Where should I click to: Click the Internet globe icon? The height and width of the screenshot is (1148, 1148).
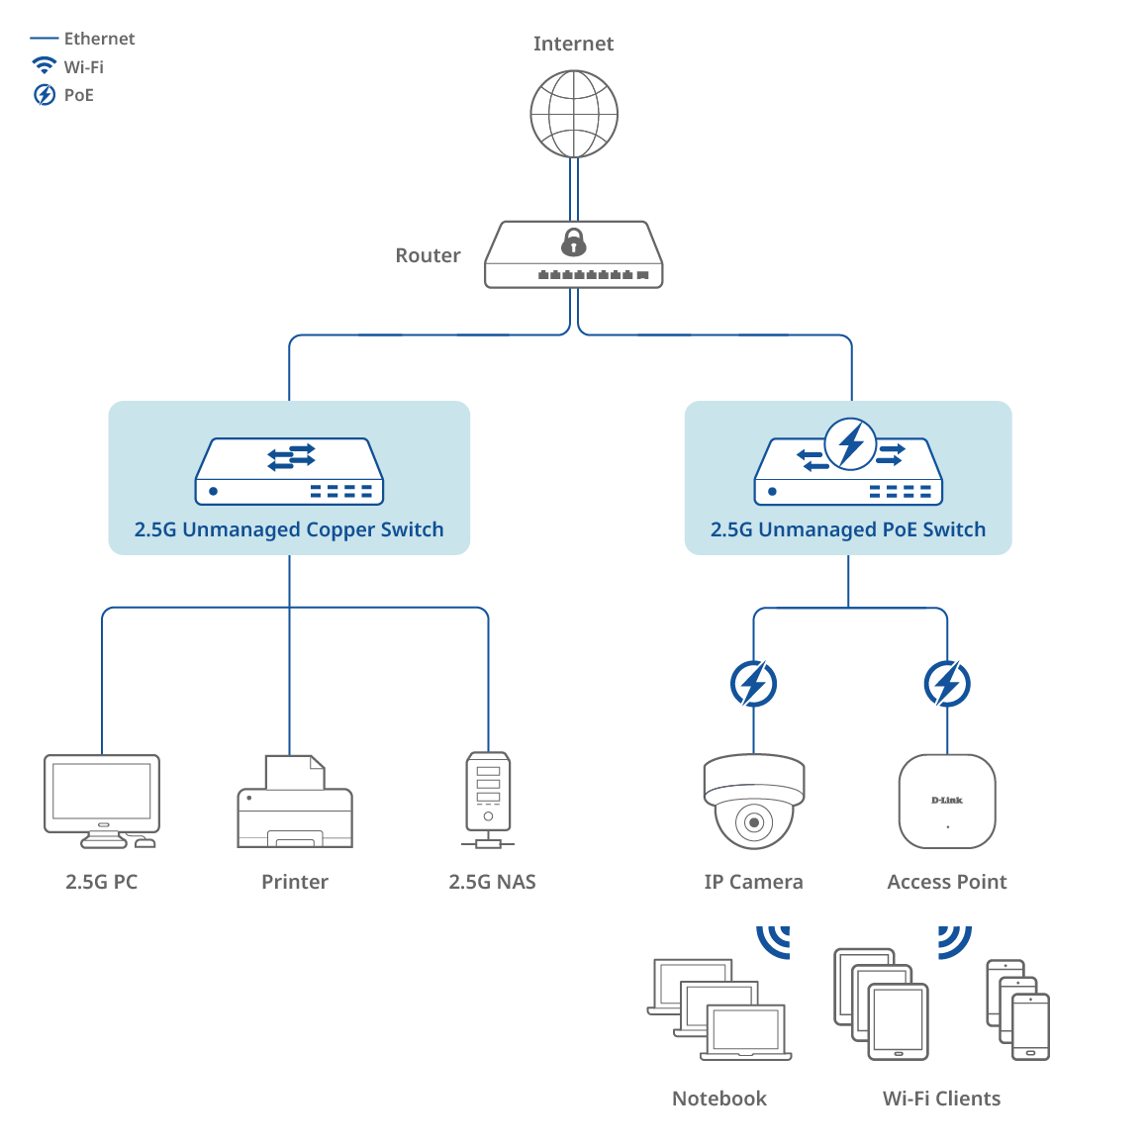pyautogui.click(x=574, y=114)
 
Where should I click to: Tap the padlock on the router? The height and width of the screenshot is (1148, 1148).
pyautogui.click(x=573, y=241)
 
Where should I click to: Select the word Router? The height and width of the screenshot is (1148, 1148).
pyautogui.click(x=428, y=255)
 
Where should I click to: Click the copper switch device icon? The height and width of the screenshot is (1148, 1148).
pyautogui.click(x=289, y=471)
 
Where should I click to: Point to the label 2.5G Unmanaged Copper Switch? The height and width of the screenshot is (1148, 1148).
pyautogui.click(x=289, y=529)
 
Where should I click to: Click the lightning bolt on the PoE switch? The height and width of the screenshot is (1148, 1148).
pyautogui.click(x=850, y=443)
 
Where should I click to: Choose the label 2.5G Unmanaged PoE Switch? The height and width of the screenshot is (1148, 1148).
pyautogui.click(x=848, y=529)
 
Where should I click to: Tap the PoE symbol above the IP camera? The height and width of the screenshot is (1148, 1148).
pyautogui.click(x=753, y=684)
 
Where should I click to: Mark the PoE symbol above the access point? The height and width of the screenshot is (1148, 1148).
pyautogui.click(x=947, y=684)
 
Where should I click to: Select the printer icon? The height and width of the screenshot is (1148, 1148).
pyautogui.click(x=295, y=803)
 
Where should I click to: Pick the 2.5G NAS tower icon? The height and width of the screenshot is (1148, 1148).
pyautogui.click(x=488, y=798)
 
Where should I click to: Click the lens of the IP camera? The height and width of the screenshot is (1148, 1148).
pyautogui.click(x=754, y=822)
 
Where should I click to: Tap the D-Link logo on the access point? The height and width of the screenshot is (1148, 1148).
pyautogui.click(x=947, y=800)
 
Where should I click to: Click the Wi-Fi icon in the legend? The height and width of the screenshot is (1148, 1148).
pyautogui.click(x=45, y=66)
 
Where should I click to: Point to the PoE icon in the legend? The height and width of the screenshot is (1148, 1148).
pyautogui.click(x=45, y=95)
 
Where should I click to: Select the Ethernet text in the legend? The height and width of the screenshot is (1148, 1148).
pyautogui.click(x=99, y=39)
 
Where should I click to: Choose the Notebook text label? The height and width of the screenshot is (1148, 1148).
pyautogui.click(x=719, y=1099)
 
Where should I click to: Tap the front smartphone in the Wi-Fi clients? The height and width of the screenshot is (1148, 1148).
pyautogui.click(x=1030, y=1027)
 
